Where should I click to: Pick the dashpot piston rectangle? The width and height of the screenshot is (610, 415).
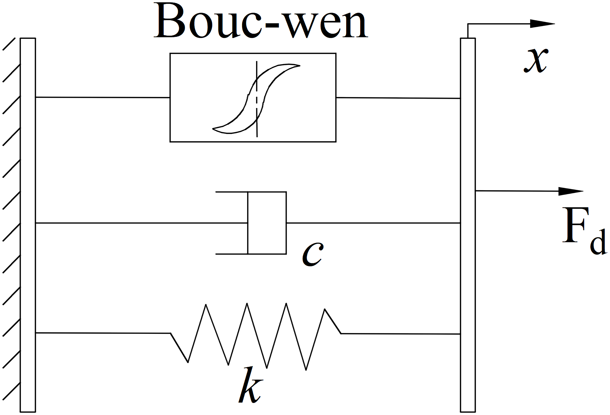[267, 223]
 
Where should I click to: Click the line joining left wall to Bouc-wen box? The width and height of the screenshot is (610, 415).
[102, 97]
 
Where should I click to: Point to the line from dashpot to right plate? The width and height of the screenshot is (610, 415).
[373, 223]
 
